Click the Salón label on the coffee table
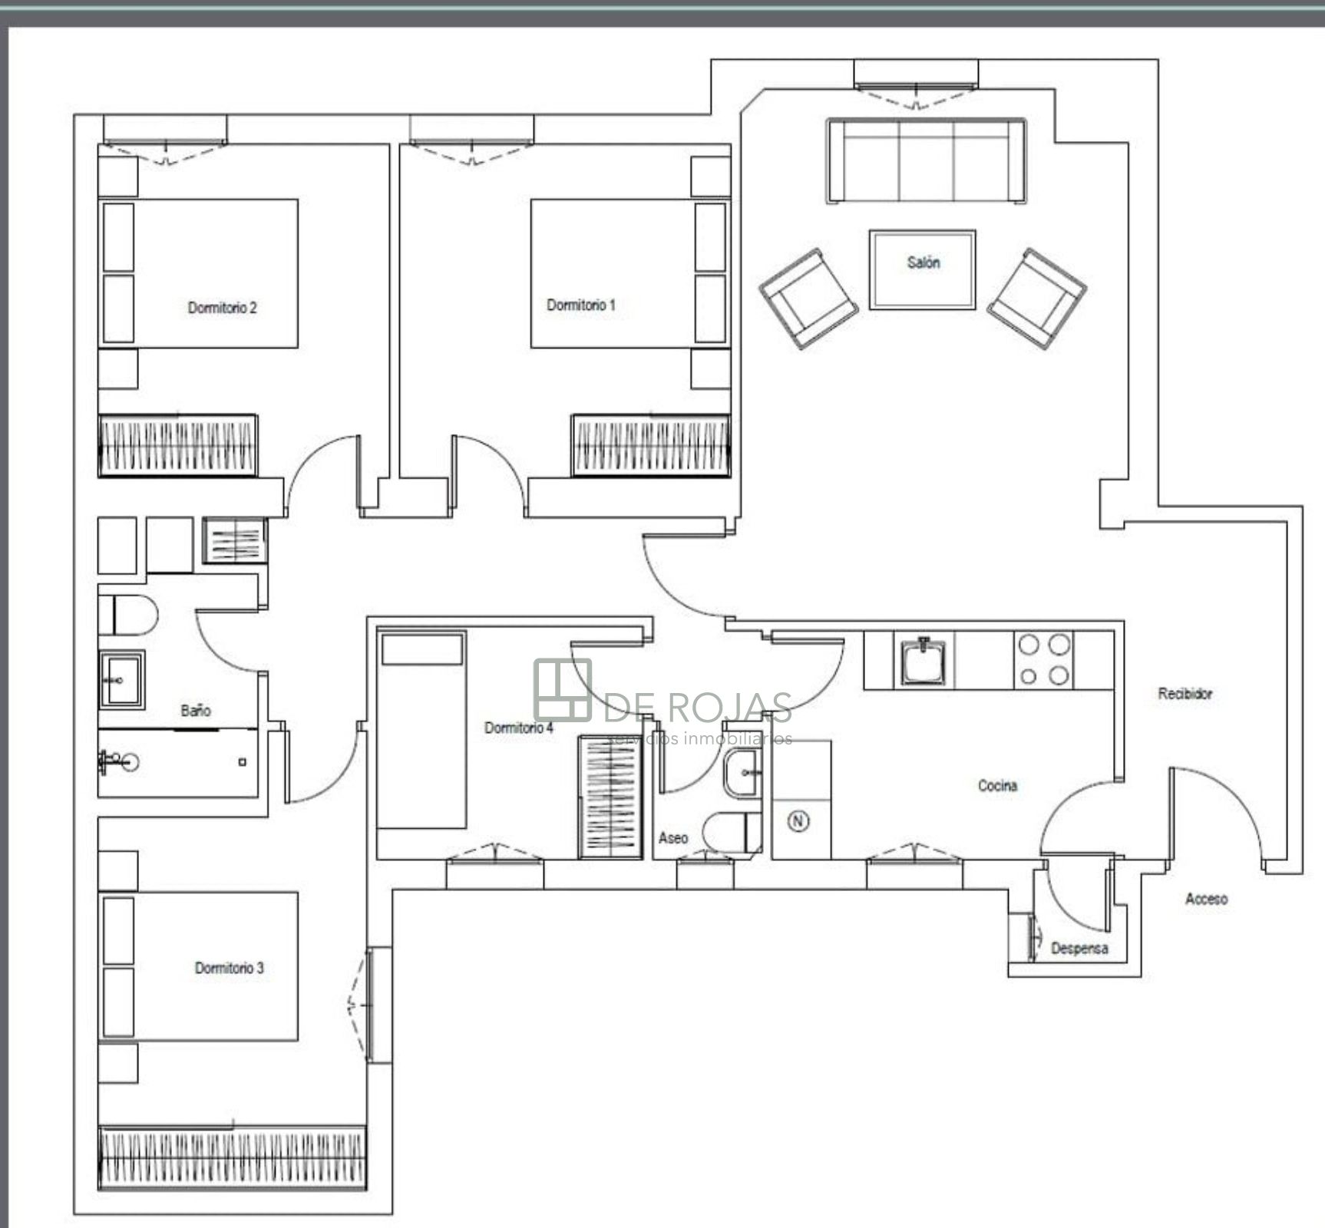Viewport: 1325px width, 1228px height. tap(923, 262)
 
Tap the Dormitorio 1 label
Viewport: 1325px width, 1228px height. tap(581, 305)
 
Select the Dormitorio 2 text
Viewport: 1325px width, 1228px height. tap(223, 308)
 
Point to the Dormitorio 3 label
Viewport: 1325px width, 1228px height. tap(229, 968)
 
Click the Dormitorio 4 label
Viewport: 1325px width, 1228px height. tap(519, 728)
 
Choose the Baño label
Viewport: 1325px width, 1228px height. tap(196, 711)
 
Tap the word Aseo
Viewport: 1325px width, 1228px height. tap(673, 838)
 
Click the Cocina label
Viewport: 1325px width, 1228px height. tap(997, 785)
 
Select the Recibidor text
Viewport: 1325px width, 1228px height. tap(1185, 693)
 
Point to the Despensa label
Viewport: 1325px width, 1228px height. tap(1079, 948)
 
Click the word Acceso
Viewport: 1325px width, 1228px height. tap(1206, 898)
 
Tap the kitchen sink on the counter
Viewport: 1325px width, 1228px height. tap(925, 661)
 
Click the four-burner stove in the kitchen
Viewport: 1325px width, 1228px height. tap(1044, 660)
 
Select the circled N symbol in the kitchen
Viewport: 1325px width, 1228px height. tap(799, 821)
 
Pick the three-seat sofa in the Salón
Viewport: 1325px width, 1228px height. tap(926, 160)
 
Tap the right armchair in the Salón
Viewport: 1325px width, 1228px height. tap(1036, 298)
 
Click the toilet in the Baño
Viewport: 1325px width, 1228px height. tap(127, 615)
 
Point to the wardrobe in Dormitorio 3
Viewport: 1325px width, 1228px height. tap(233, 1168)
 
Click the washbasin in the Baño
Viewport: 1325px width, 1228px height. tap(121, 679)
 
